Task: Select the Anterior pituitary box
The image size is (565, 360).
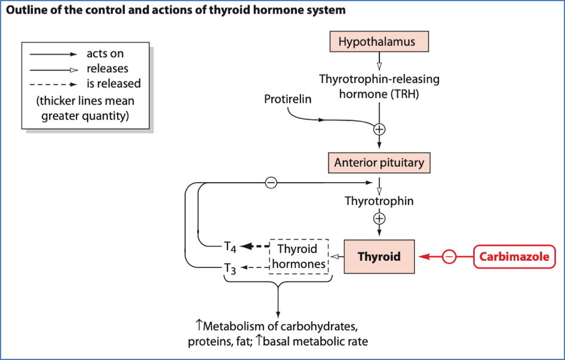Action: [x=379, y=162]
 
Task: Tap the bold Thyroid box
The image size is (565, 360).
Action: [x=379, y=257]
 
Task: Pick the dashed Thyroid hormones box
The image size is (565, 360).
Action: [x=299, y=257]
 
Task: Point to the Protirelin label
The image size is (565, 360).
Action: [x=287, y=99]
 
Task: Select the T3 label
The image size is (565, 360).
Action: [x=230, y=269]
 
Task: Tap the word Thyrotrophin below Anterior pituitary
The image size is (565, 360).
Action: [x=379, y=201]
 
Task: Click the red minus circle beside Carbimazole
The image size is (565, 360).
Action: [x=449, y=257]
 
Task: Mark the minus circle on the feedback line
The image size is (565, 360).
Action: [x=271, y=183]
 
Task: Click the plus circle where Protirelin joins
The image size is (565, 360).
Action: [x=379, y=128]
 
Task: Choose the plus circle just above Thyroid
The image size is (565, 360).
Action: [x=379, y=219]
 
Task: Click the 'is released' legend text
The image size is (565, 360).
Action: [x=113, y=84]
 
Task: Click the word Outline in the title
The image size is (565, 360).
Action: [x=26, y=11]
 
